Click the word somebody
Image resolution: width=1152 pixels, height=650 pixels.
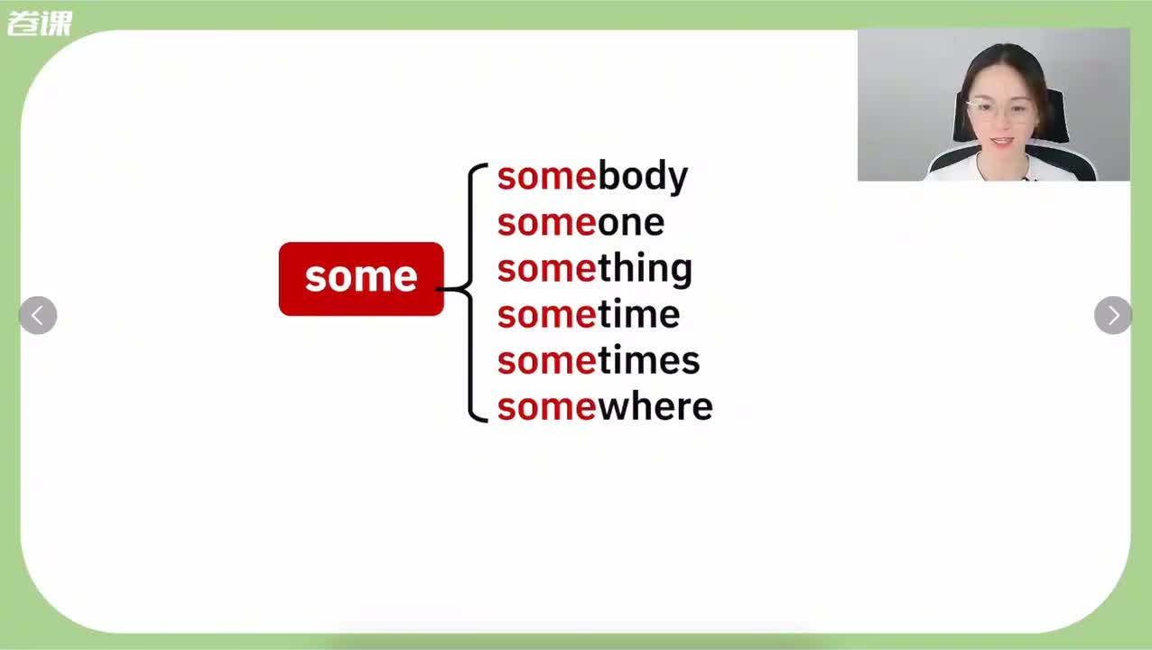[x=592, y=177]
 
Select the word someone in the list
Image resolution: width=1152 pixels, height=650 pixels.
[x=581, y=223]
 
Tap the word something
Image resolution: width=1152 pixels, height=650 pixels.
[x=595, y=269]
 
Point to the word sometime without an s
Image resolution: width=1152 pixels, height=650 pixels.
[x=589, y=314]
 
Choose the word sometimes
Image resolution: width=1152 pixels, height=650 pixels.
[x=599, y=360]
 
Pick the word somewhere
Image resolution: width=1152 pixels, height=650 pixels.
[x=605, y=407]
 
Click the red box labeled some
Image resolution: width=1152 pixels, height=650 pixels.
[x=361, y=279]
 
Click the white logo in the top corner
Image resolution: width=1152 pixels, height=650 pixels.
[x=40, y=23]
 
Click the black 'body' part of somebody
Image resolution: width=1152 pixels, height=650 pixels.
[x=643, y=177]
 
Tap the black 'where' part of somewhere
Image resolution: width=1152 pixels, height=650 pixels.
[x=655, y=407]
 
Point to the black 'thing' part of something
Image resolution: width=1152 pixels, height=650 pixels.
[x=646, y=269]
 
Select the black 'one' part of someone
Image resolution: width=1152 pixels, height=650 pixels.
[x=631, y=224]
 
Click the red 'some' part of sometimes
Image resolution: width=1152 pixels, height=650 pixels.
[x=547, y=361]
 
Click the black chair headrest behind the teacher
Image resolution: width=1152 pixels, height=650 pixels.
[x=1054, y=116]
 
